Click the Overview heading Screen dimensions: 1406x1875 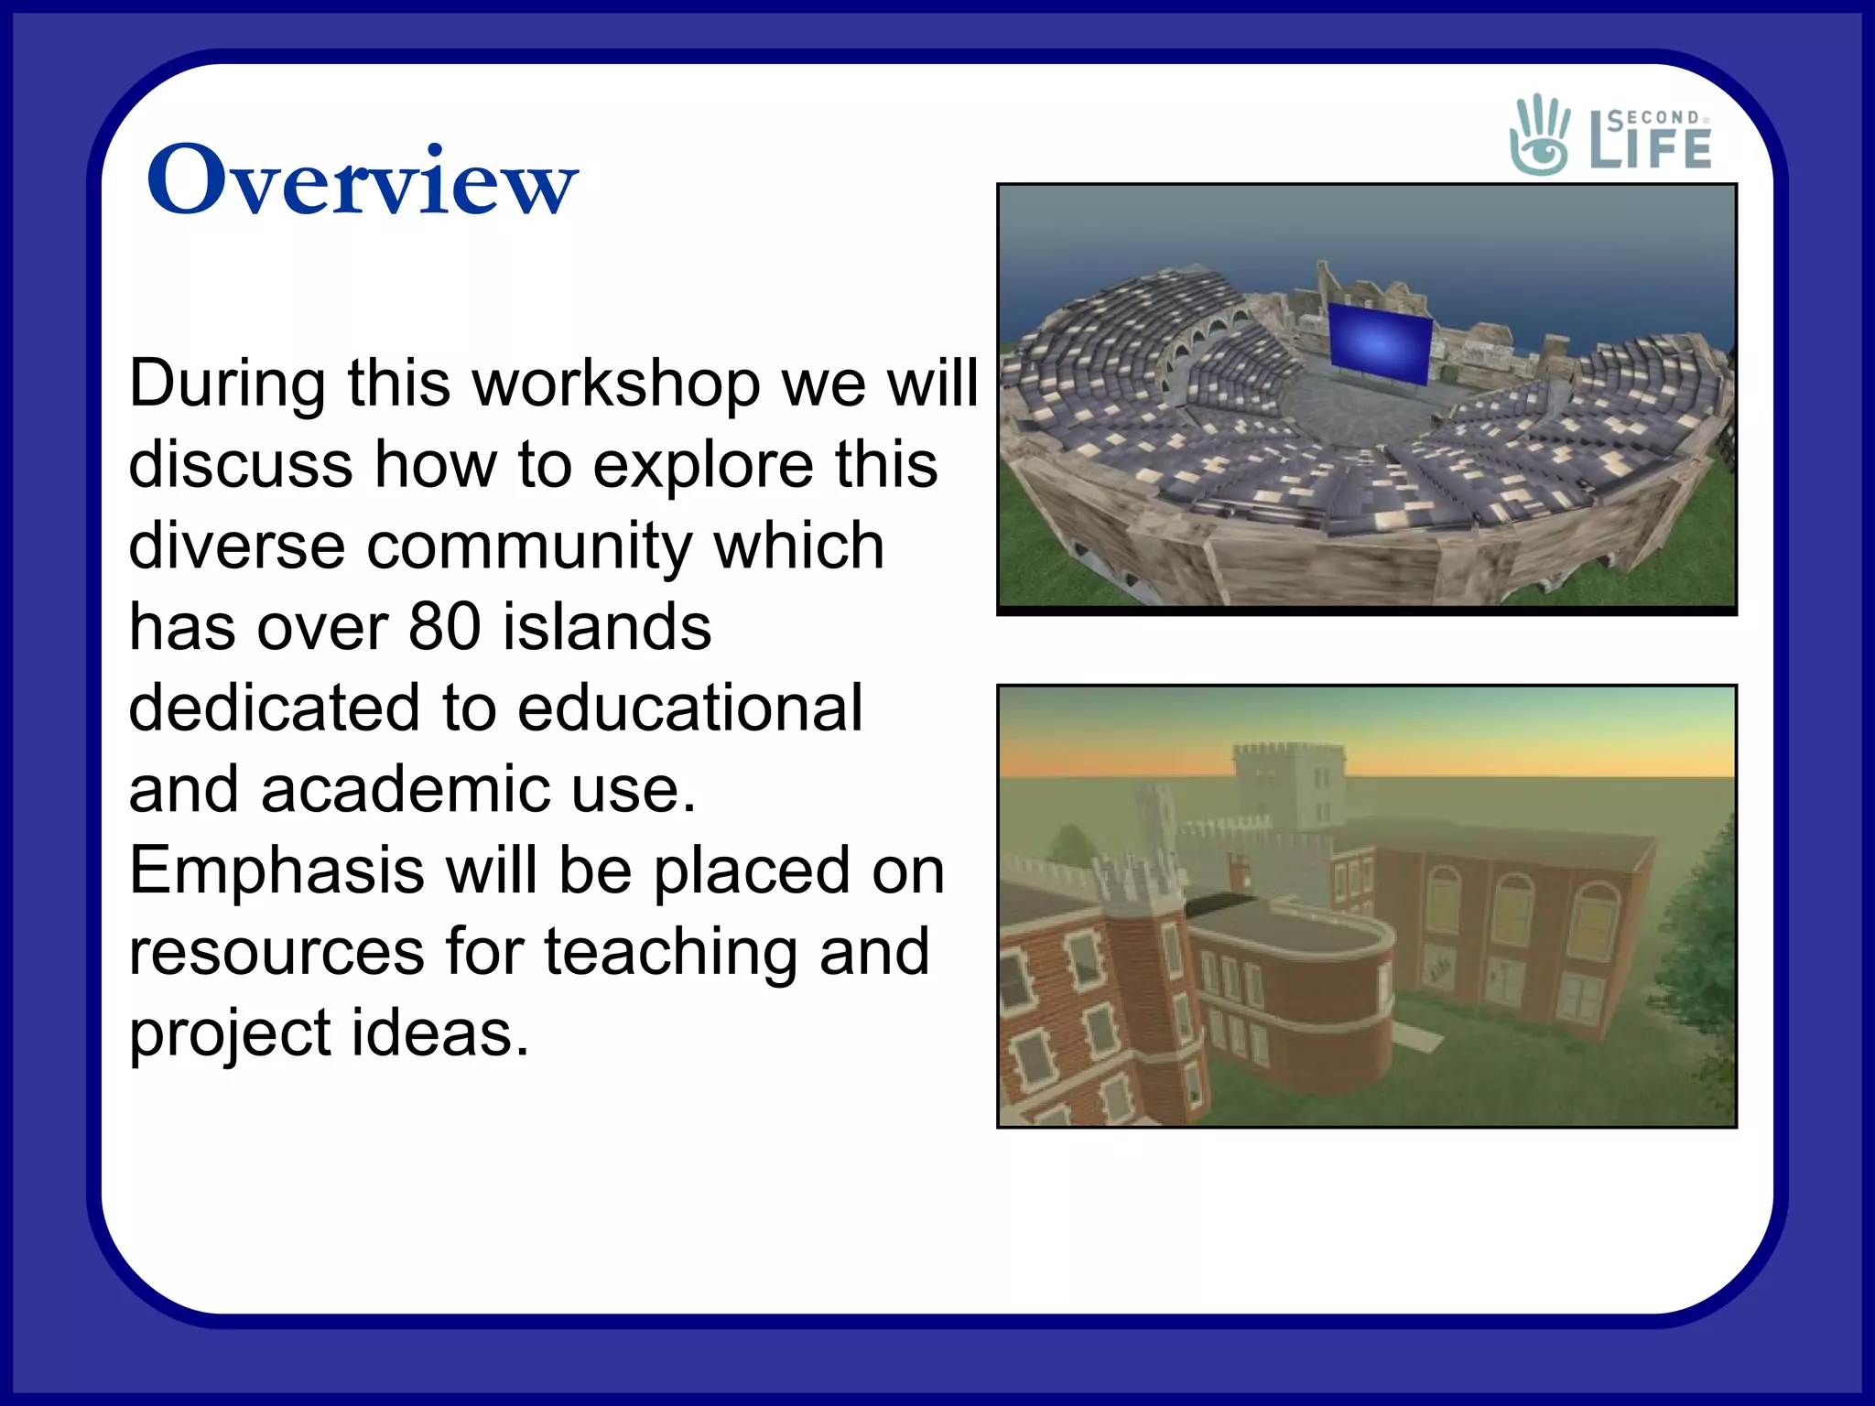(362, 180)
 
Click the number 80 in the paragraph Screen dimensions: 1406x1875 (445, 627)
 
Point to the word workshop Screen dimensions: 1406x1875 (615, 383)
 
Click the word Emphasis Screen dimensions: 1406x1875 (276, 871)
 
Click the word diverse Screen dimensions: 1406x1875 (237, 546)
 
